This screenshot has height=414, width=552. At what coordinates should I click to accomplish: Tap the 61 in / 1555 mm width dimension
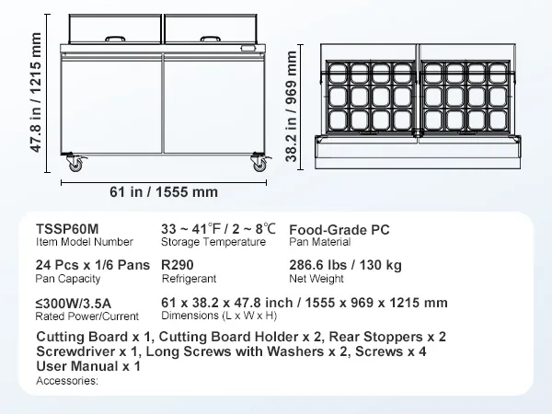(x=165, y=191)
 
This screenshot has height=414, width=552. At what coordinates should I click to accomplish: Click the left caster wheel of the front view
(x=73, y=164)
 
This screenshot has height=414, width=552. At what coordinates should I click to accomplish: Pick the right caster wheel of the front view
(x=257, y=164)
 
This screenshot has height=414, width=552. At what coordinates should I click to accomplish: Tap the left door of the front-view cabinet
(x=111, y=101)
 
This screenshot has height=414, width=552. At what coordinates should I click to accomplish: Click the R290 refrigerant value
(x=180, y=263)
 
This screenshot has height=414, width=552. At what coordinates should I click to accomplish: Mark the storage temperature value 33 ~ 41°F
(x=190, y=228)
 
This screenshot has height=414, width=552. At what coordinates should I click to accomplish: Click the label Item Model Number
(x=84, y=243)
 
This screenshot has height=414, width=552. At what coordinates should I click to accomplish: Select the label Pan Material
(x=320, y=243)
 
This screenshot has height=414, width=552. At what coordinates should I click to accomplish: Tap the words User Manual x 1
(x=88, y=366)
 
